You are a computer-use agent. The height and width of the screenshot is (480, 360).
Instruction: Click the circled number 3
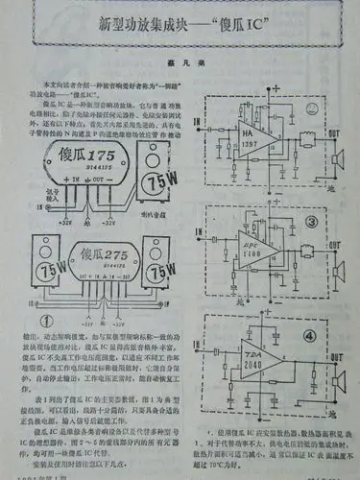[309, 224]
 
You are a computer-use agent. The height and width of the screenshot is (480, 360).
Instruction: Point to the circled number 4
[309, 335]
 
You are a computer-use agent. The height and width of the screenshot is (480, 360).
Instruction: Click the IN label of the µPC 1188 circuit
[198, 232]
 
